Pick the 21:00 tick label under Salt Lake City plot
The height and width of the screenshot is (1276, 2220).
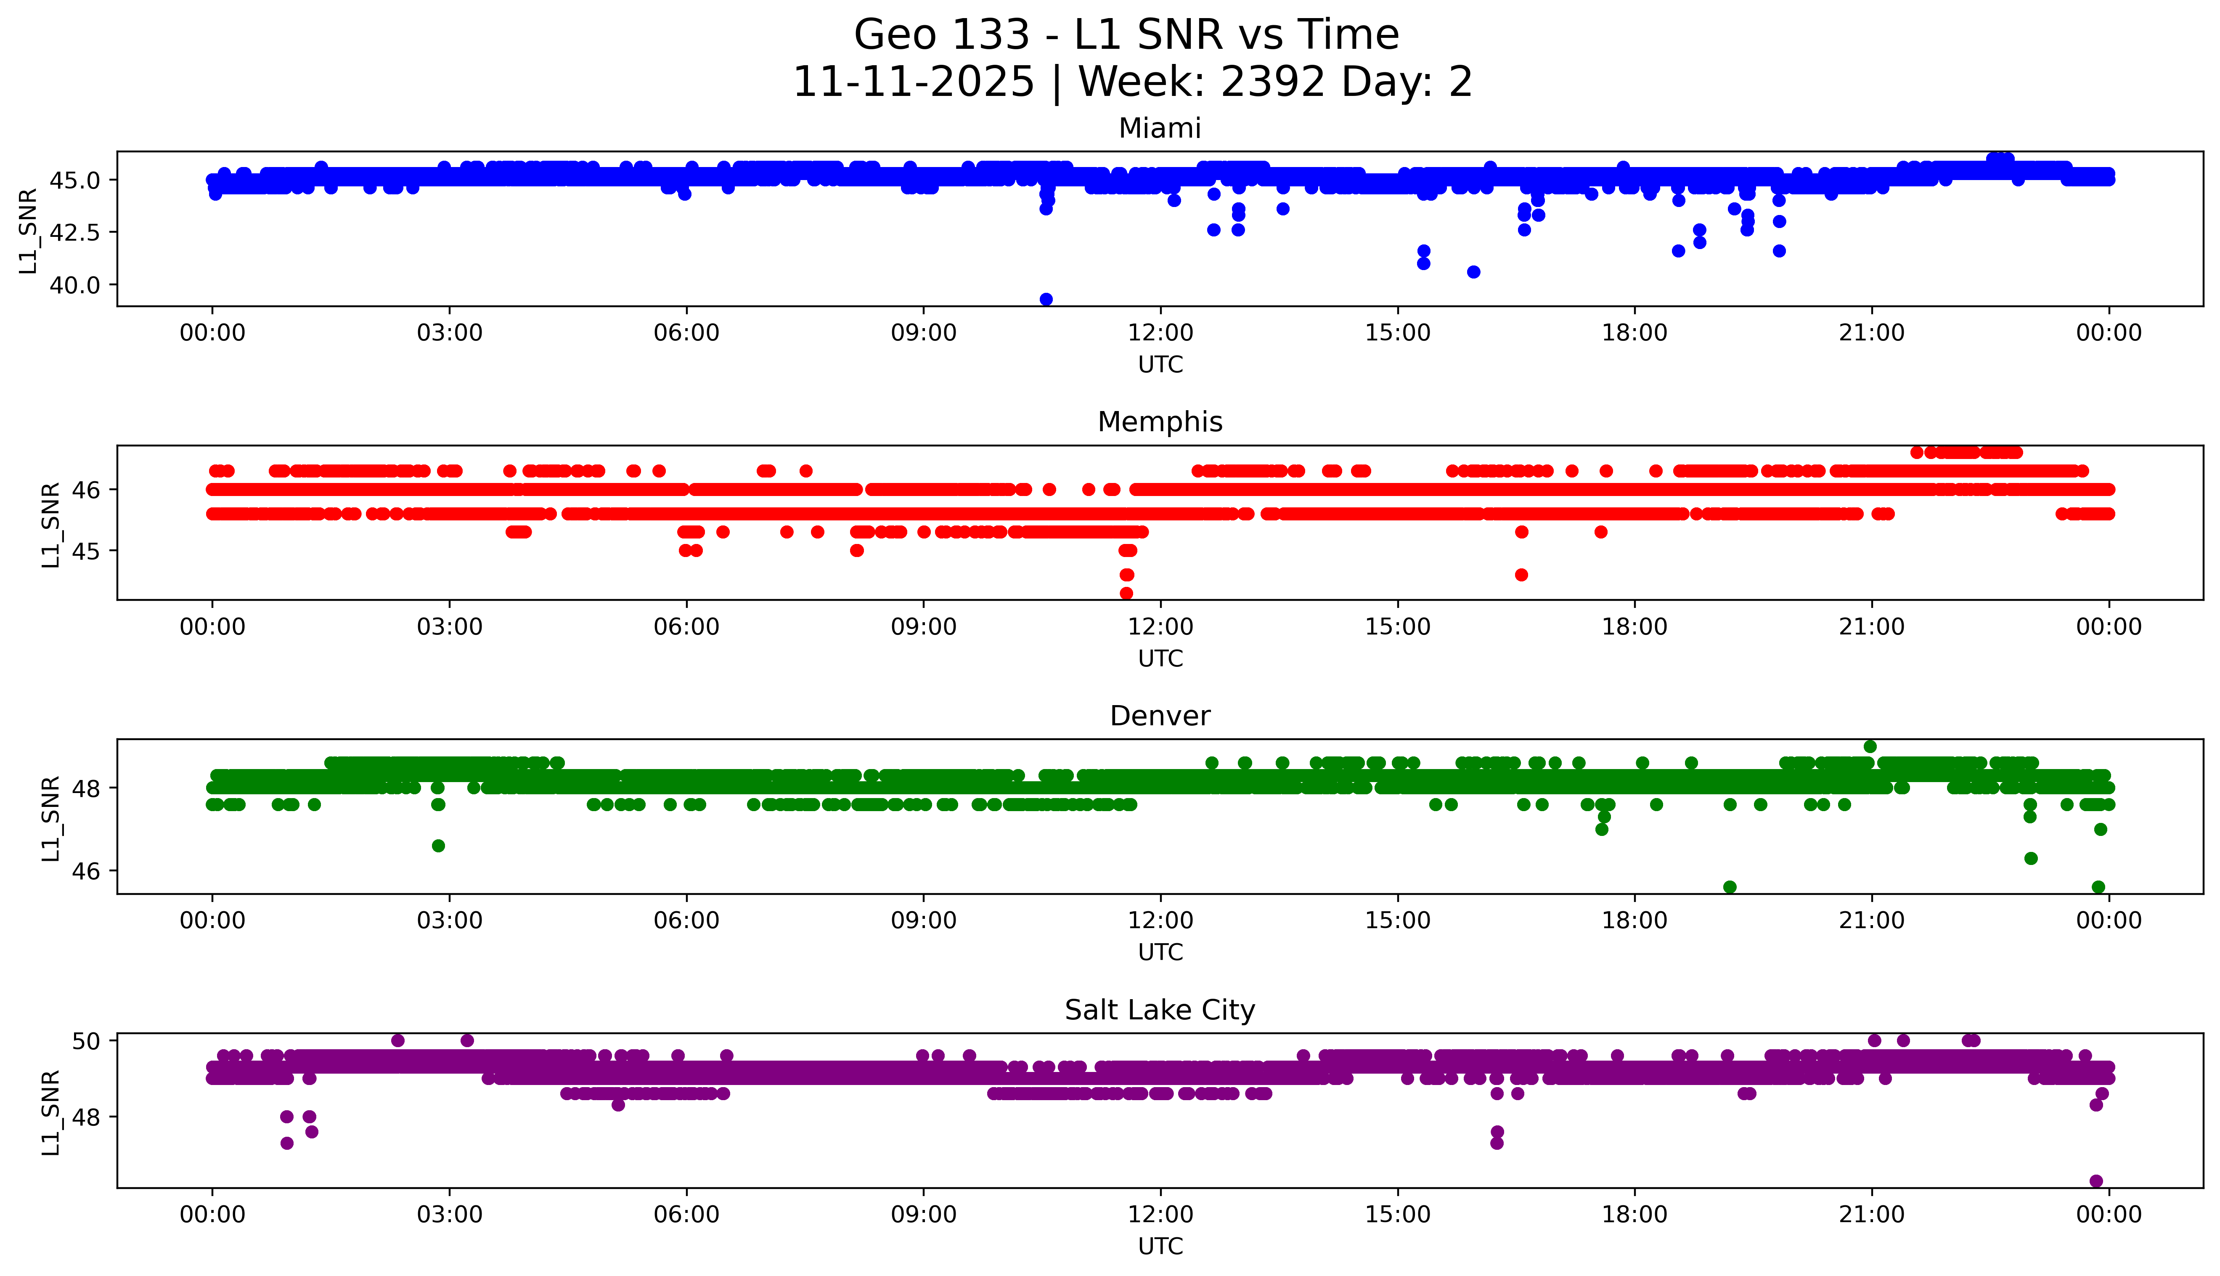click(1871, 1215)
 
